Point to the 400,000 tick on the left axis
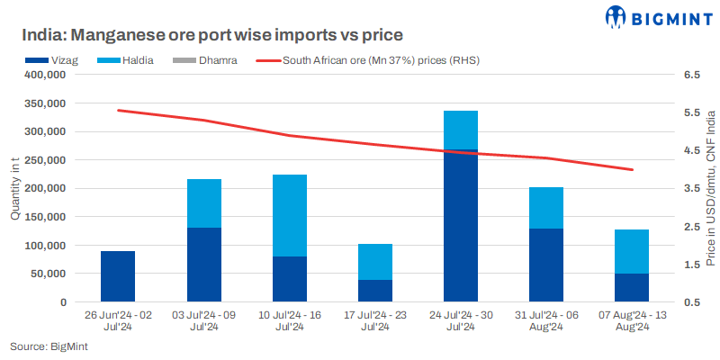point(44,76)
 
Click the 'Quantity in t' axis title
point(14,188)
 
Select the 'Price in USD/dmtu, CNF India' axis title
point(709,188)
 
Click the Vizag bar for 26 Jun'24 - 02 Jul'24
point(118,276)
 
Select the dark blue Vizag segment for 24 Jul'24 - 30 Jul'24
point(461,225)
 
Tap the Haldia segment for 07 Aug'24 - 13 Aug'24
point(632,251)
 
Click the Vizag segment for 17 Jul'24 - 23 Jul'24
point(375,291)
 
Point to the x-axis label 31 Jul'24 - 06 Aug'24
point(546,321)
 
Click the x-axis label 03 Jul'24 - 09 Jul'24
point(203,321)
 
